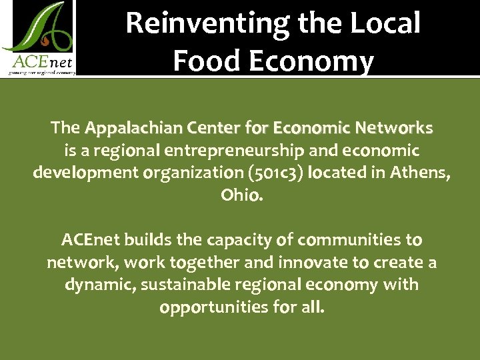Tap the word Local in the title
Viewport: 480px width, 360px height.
click(x=386, y=23)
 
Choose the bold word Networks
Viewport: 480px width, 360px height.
click(x=394, y=127)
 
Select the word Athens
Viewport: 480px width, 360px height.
click(x=419, y=173)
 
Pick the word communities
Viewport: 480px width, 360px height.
click(x=350, y=239)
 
